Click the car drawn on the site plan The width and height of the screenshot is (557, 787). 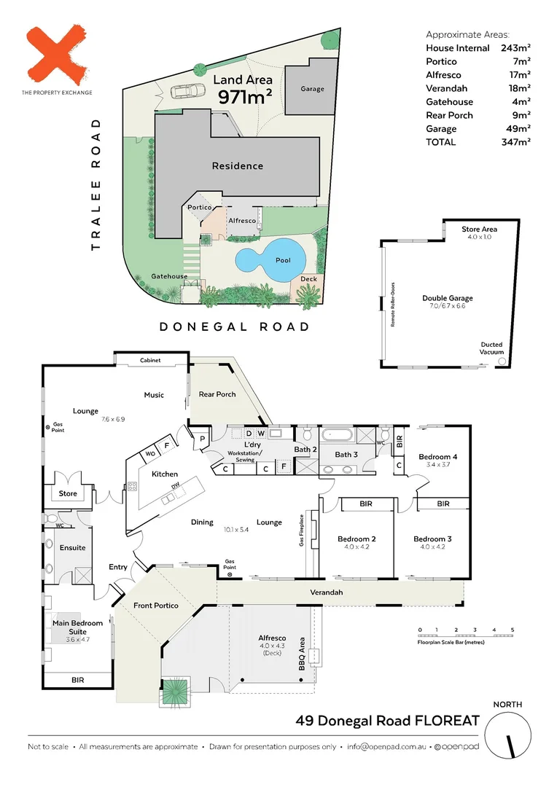[188, 92]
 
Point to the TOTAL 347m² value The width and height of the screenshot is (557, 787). [515, 142]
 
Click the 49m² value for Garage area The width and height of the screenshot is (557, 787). [520, 128]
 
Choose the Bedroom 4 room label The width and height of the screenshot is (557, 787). [437, 457]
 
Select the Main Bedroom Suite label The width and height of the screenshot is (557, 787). [77, 627]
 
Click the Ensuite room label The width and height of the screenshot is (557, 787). [72, 547]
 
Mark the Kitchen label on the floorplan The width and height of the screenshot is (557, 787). [165, 474]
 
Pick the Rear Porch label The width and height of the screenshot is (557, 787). [217, 394]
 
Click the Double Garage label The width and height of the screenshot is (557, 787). [447, 298]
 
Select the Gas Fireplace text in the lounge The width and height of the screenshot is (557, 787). [300, 532]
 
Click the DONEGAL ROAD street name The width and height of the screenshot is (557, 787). [234, 327]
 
